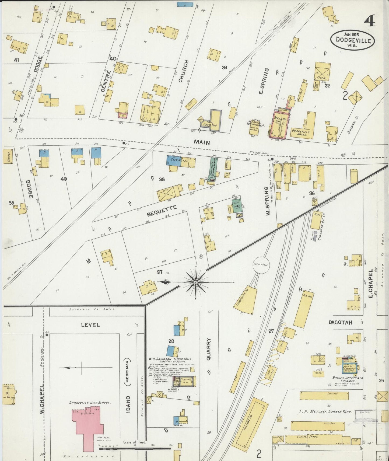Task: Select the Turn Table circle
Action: [261, 265]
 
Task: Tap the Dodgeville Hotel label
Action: [300, 132]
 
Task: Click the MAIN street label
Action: [202, 143]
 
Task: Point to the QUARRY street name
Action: [209, 349]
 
